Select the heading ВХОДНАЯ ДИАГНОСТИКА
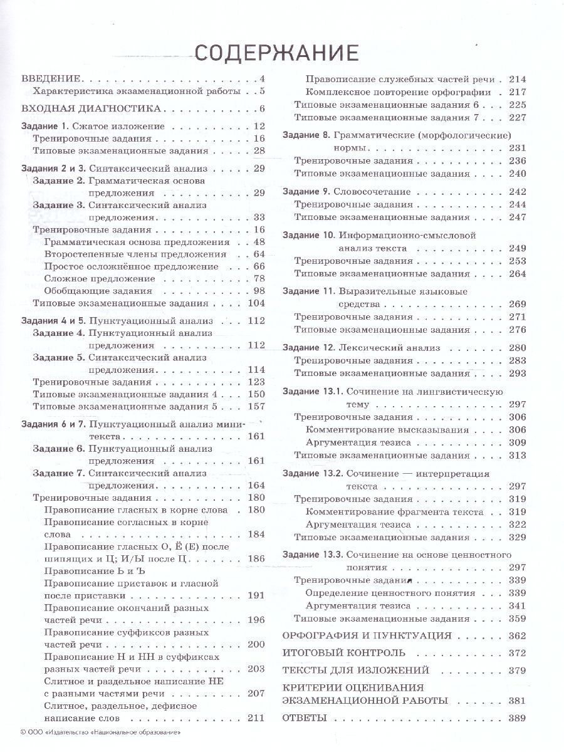[83, 108]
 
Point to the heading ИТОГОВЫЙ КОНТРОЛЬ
[344, 653]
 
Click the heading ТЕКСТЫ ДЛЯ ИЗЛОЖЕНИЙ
[356, 671]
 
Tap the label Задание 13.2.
[311, 474]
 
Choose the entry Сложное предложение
[100, 278]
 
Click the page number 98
[259, 291]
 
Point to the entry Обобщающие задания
[98, 291]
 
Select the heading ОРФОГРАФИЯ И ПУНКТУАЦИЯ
[367, 635]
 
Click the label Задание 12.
[309, 348]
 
